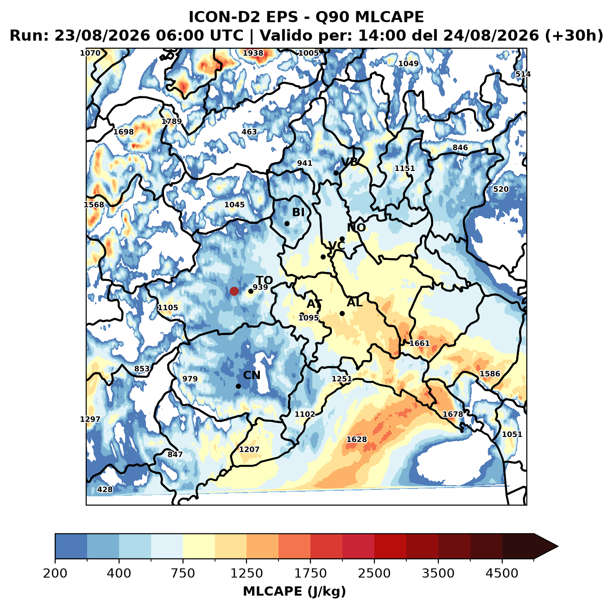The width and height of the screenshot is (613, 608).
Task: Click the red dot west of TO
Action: click(234, 291)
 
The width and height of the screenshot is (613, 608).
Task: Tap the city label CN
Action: click(252, 375)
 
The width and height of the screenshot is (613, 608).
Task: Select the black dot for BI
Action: click(287, 223)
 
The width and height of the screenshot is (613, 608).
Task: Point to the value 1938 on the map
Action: click(253, 53)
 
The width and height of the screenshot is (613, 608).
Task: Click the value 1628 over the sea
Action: click(357, 439)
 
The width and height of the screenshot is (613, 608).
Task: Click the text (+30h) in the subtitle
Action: click(574, 36)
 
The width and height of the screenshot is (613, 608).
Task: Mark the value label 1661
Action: click(419, 343)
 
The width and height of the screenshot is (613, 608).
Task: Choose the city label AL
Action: click(354, 302)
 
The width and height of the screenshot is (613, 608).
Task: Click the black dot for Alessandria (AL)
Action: click(342, 313)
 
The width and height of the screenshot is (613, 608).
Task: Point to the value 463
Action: click(249, 132)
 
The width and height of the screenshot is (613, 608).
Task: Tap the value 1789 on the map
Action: click(171, 121)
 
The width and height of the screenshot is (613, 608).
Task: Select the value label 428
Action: click(105, 489)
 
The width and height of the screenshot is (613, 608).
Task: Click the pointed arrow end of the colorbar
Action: click(557, 547)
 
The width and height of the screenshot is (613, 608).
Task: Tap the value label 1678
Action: click(453, 414)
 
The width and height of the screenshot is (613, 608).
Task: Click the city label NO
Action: click(356, 228)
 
